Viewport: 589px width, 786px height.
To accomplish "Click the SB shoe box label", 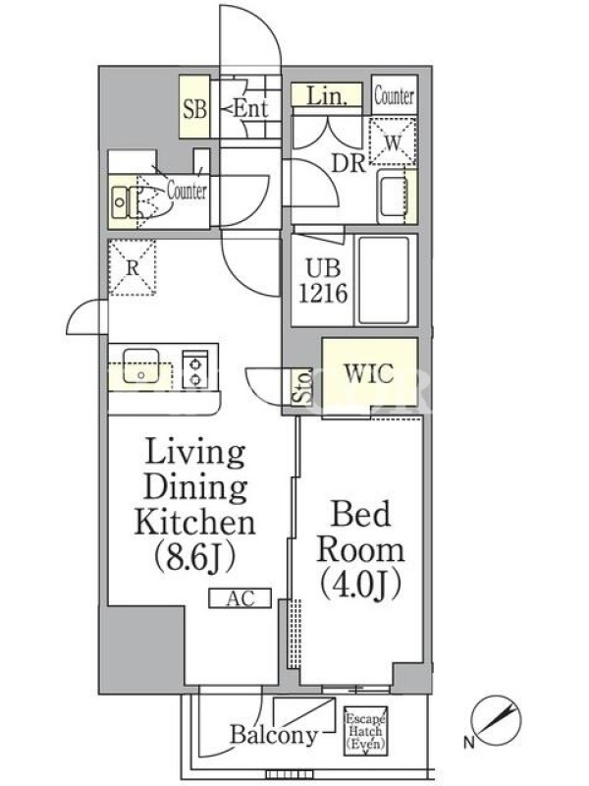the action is click(x=194, y=109).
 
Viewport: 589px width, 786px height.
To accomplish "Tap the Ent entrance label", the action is click(x=250, y=108).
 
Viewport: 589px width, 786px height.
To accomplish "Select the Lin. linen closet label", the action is click(x=327, y=94).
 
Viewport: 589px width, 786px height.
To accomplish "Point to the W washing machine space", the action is click(x=393, y=141).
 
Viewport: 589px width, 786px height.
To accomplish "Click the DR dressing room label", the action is click(x=348, y=163).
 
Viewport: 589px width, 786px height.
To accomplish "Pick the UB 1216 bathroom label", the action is click(x=323, y=281).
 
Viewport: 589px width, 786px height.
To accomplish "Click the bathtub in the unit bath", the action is click(x=384, y=280).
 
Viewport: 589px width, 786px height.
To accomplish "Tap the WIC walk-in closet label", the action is click(x=369, y=373).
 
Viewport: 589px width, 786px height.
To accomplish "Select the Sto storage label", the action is click(x=302, y=386).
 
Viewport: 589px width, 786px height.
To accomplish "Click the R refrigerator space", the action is click(x=133, y=267).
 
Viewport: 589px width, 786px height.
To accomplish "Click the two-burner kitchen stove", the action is click(x=194, y=368).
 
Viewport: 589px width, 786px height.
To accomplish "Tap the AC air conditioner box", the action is click(x=241, y=598).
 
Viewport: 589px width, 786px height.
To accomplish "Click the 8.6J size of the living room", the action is click(x=194, y=557).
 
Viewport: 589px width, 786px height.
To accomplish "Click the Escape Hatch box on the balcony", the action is click(x=365, y=731).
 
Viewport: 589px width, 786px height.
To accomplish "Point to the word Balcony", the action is click(x=274, y=735).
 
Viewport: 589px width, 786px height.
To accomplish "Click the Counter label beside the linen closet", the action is click(x=395, y=95).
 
